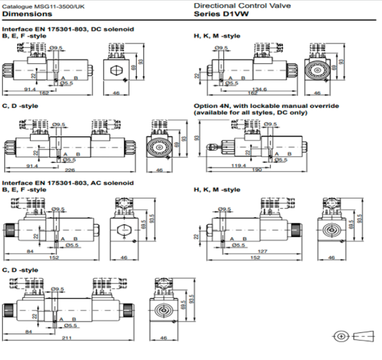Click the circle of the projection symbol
[x=341, y=337]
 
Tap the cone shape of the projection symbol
[x=363, y=337]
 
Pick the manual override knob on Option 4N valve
[x=216, y=143]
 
